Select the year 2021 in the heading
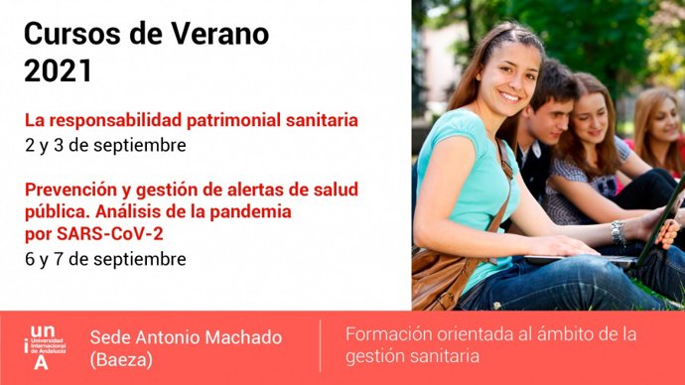(x=58, y=71)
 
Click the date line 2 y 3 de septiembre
(x=106, y=145)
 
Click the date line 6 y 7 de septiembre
(x=106, y=259)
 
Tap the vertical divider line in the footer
(x=320, y=346)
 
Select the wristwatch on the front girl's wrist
(x=617, y=232)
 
